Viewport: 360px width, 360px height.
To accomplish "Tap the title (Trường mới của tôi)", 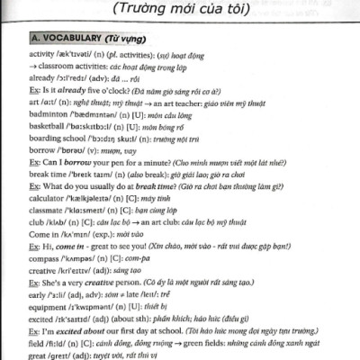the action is click(177, 10).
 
